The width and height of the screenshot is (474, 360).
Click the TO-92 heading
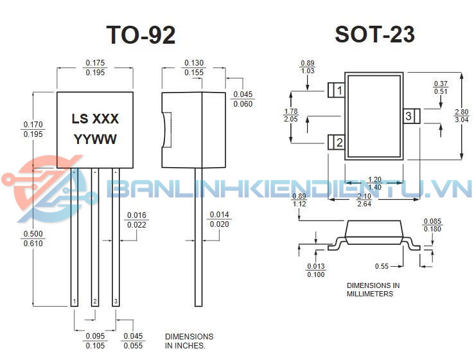(141, 35)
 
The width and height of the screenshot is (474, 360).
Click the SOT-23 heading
(374, 35)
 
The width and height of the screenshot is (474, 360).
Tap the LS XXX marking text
(95, 119)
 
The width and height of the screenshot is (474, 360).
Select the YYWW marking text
(95, 139)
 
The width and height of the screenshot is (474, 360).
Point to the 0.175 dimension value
(95, 63)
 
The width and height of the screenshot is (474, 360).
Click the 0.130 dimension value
(194, 63)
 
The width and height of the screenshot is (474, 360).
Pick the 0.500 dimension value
(33, 233)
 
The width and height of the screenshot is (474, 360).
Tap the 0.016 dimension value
(136, 215)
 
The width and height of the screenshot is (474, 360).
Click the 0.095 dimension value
(95, 336)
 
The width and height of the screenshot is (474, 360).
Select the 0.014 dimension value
(219, 215)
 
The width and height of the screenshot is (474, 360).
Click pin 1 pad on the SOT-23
(336, 91)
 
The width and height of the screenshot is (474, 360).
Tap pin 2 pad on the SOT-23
(336, 142)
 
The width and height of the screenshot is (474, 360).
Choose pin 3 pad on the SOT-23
(411, 116)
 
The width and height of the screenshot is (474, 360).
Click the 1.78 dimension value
(290, 111)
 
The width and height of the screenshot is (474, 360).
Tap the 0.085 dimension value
(432, 221)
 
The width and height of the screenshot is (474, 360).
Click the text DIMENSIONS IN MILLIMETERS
(373, 289)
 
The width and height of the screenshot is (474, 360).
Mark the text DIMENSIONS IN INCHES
(189, 341)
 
